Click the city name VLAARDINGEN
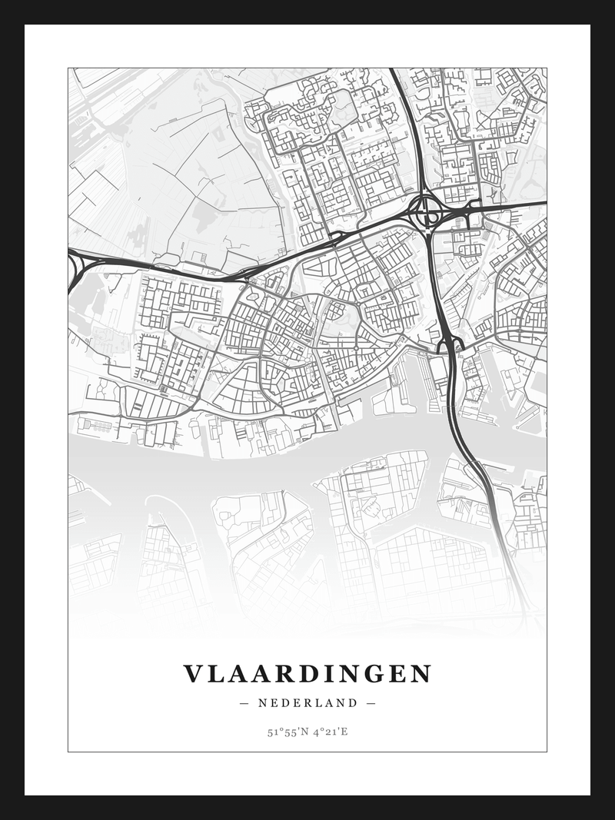pyautogui.click(x=307, y=674)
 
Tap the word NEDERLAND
pyautogui.click(x=307, y=702)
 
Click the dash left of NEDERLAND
pyautogui.click(x=244, y=702)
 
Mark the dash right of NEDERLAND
pyautogui.click(x=371, y=702)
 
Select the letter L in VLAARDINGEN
pyautogui.click(x=216, y=674)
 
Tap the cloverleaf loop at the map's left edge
pyautogui.click(x=75, y=269)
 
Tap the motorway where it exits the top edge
pyautogui.click(x=394, y=71)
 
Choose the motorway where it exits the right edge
pyautogui.click(x=543, y=204)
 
